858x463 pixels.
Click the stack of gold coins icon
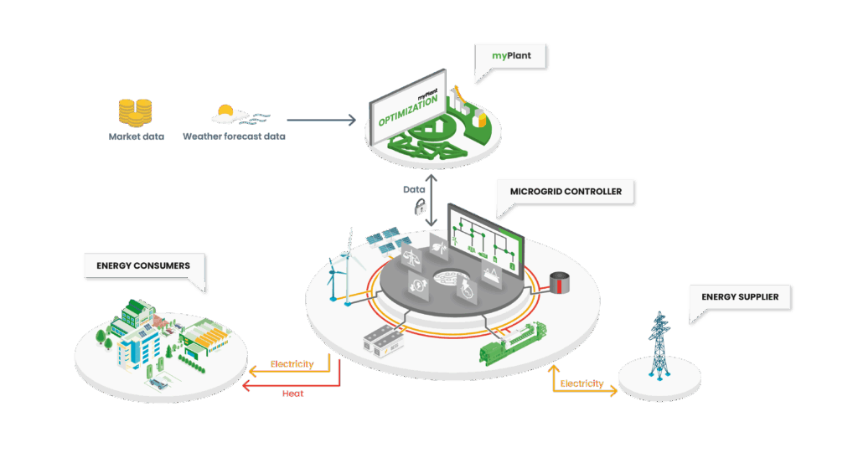[135, 112]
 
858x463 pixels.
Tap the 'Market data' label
[135, 136]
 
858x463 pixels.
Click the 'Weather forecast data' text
[234, 136]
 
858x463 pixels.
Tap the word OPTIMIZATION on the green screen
[408, 110]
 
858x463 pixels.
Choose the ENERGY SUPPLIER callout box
[740, 296]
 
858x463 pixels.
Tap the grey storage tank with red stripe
[557, 283]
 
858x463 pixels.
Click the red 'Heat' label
[292, 392]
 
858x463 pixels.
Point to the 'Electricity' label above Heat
[292, 364]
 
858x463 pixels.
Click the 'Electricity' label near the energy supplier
[581, 383]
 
